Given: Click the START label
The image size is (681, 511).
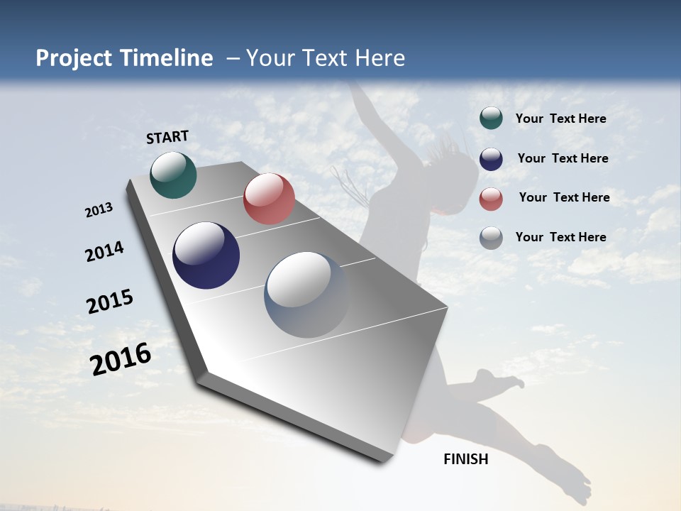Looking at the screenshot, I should coord(167,137).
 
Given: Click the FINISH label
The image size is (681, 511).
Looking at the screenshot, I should coord(465,459).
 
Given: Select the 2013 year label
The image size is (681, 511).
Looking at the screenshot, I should coord(99,210).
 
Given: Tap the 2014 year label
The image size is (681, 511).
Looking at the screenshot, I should coord(104,251).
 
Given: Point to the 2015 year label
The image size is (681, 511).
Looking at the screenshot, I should coord(110,302).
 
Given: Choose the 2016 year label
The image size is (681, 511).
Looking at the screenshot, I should coord(121,359).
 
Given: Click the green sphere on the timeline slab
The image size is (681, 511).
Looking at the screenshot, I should coord(173,175).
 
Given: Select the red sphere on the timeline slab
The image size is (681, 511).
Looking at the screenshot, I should coord(269,199).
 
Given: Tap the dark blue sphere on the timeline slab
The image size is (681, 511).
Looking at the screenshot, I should coord(206,255).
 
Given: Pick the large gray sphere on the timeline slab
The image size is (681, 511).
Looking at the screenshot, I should coord(307,295).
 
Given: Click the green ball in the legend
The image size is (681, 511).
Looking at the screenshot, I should coord(491,119).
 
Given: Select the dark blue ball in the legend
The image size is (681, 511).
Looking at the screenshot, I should coord(491,158).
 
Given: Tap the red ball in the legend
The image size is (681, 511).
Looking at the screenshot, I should coord(491,198).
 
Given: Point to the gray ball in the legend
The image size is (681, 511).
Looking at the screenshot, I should coord(491,238).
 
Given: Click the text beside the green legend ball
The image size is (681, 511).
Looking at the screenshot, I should coord(560,119).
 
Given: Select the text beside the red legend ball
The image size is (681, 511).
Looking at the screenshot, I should coord(564,197).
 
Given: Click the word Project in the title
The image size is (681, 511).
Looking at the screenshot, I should coord(73,58).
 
